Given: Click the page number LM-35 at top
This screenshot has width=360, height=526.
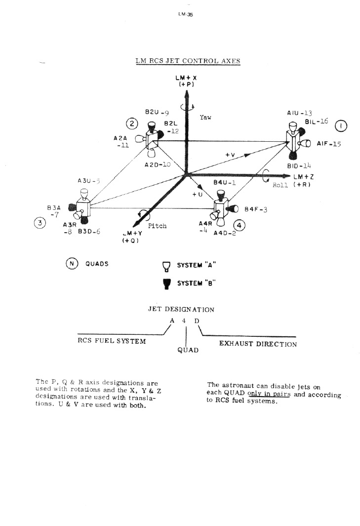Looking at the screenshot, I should pos(185,15).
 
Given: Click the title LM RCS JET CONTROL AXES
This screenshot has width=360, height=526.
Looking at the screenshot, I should pos(188,61).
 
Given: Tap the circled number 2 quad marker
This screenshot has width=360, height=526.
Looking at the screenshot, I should pos(133,123).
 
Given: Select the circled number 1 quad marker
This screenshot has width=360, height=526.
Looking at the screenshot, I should pos(341,126).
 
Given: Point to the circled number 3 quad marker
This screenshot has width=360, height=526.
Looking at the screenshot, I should pos(40,223).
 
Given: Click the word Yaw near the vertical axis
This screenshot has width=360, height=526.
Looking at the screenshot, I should pos(205,118).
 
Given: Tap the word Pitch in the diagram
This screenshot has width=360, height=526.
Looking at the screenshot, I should pos(157,226).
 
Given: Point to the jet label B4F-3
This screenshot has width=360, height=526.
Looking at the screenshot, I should pos(256,210).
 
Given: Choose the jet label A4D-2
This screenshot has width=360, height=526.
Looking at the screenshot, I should pos(225,233).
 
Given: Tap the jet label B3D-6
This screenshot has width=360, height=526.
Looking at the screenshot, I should pos(88,231).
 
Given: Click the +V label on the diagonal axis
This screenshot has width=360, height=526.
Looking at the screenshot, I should pos(230,155).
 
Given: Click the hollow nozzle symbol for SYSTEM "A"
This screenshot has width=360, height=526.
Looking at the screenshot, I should pos(166,267).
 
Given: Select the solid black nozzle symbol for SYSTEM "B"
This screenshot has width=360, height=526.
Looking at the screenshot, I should pos(166,283).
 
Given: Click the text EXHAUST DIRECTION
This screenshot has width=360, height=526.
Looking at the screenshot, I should pos(258,344).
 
